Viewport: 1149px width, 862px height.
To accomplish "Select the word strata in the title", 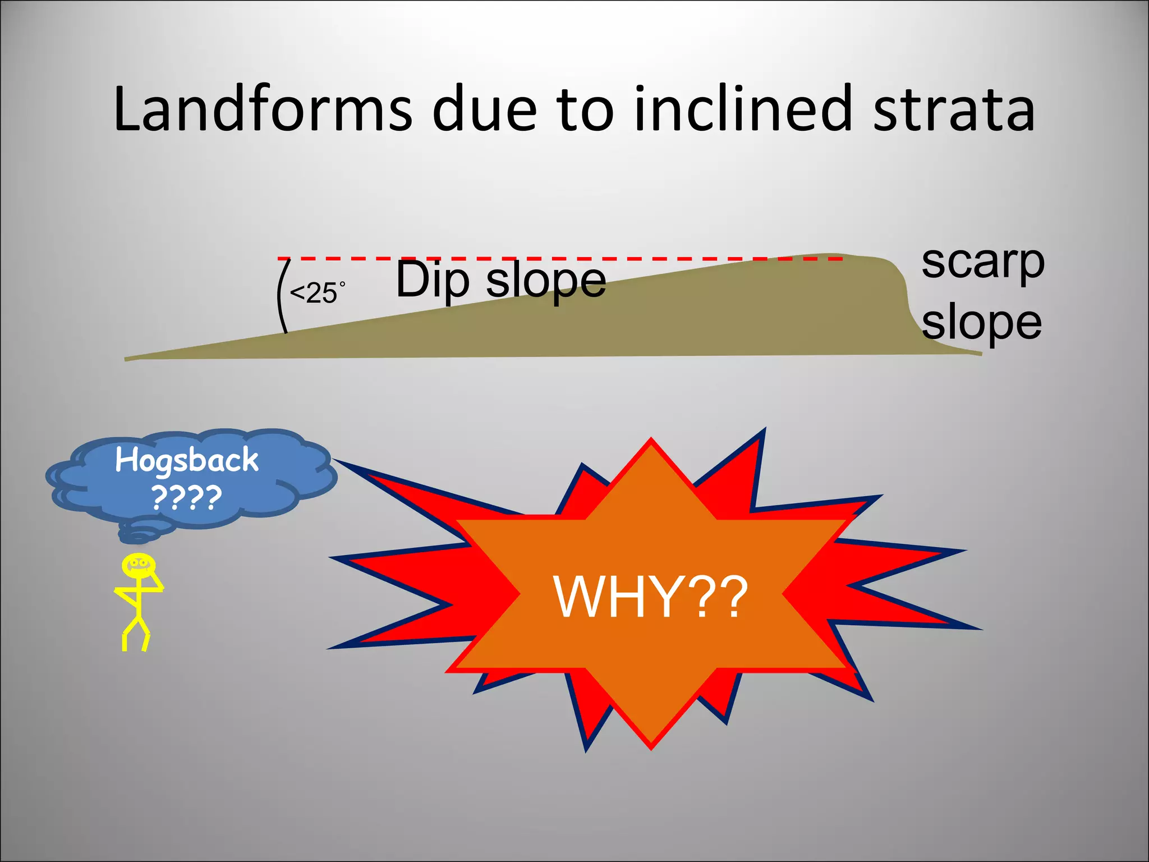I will pyautogui.click(x=954, y=109).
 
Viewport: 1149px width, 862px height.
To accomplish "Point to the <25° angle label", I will pyautogui.click(x=316, y=293).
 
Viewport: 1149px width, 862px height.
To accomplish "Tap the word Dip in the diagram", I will pyautogui.click(x=432, y=281).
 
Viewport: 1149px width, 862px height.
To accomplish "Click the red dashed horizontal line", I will pyautogui.click(x=561, y=259).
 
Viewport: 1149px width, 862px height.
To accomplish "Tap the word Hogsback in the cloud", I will pyautogui.click(x=187, y=461).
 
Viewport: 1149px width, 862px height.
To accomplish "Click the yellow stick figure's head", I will pyautogui.click(x=138, y=563).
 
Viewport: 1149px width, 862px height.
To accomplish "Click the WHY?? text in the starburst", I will pyautogui.click(x=651, y=597).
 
